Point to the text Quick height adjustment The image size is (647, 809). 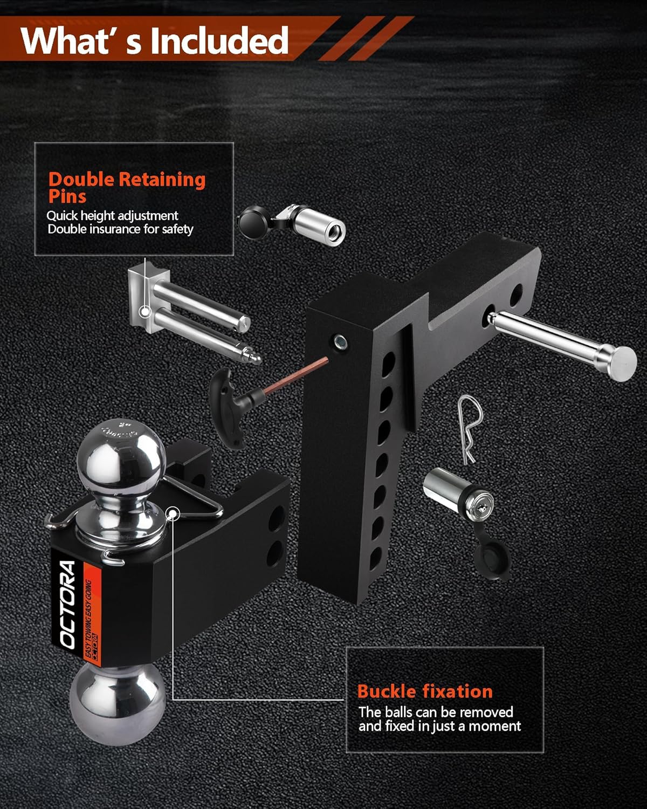click(112, 216)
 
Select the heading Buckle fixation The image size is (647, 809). click(425, 691)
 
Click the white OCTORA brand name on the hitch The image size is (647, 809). click(68, 604)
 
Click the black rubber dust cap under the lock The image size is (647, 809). click(491, 561)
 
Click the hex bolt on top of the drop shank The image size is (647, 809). click(340, 341)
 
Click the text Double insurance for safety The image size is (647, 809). click(120, 229)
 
